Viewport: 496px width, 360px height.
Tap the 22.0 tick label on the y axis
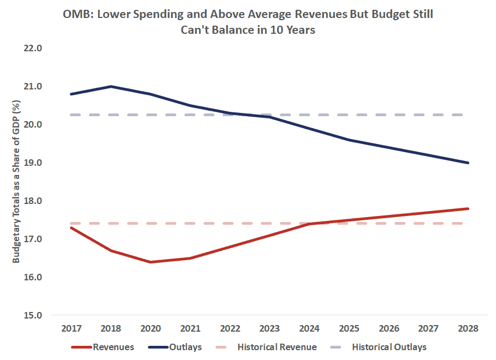[33, 48]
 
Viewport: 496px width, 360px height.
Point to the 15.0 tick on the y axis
[33, 315]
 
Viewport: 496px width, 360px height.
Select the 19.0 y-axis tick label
[33, 163]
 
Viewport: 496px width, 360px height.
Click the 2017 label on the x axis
[71, 329]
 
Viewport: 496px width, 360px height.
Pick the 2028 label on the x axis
[468, 329]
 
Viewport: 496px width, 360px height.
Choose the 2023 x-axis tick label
[270, 329]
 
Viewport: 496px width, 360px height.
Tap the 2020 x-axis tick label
[151, 329]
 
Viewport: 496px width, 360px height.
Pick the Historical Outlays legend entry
[389, 346]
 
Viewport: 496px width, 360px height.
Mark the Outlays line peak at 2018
[111, 86]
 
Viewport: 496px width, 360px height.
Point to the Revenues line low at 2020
[151, 262]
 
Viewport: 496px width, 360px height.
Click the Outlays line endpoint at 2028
[468, 163]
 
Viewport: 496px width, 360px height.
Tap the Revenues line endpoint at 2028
[468, 208]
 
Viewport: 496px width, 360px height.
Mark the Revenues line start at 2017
[71, 227]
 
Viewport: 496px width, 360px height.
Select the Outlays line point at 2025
[349, 140]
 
